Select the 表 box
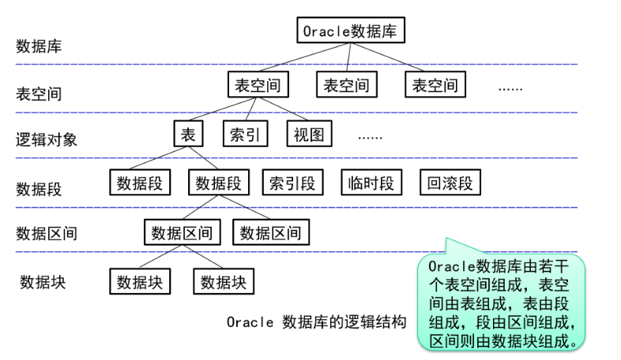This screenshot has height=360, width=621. (188, 133)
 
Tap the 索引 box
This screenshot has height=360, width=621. (245, 134)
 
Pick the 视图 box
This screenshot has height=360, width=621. (309, 134)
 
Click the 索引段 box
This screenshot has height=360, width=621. (292, 183)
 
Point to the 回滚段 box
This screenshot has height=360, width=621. (450, 183)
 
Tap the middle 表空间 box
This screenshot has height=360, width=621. (346, 84)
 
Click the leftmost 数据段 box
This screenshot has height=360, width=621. (140, 183)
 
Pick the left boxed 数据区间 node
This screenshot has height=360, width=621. (182, 232)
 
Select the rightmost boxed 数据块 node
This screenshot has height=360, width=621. (224, 281)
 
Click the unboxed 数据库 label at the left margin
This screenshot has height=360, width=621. (39, 46)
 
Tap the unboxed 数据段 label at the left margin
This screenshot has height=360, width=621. (39, 189)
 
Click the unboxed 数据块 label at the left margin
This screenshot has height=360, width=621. (43, 282)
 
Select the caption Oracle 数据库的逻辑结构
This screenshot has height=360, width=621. (316, 322)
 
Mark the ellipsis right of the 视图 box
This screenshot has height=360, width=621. (370, 136)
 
